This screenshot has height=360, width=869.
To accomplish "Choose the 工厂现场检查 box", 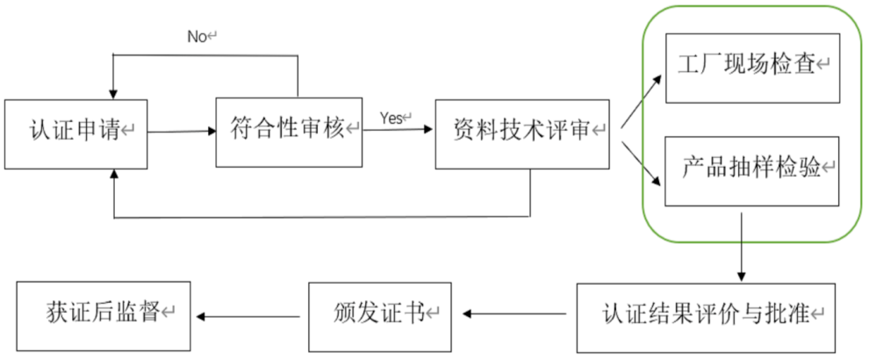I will click(x=753, y=67).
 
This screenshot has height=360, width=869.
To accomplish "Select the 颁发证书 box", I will click(x=379, y=314).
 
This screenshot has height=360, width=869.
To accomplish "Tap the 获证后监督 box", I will click(x=104, y=313).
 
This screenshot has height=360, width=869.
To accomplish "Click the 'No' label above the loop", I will click(x=201, y=36).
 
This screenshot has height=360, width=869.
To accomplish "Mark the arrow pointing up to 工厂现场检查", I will click(x=643, y=99).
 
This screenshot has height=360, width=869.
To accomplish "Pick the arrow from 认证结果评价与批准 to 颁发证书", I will click(x=514, y=313).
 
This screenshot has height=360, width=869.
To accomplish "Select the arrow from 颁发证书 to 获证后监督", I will click(x=249, y=315).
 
